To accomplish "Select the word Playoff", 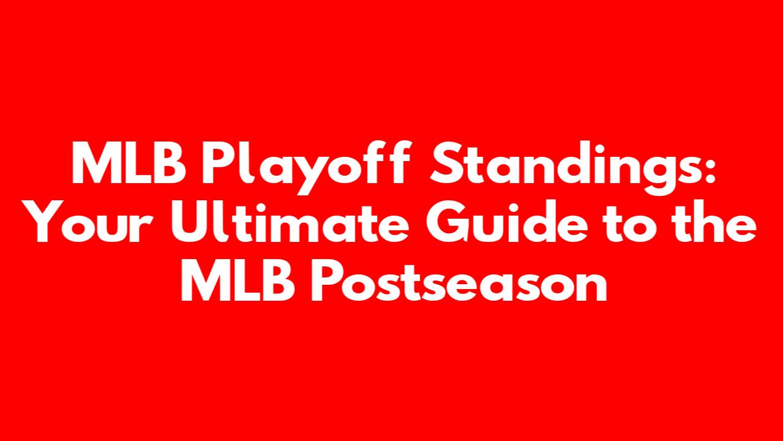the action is pyautogui.click(x=306, y=167).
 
